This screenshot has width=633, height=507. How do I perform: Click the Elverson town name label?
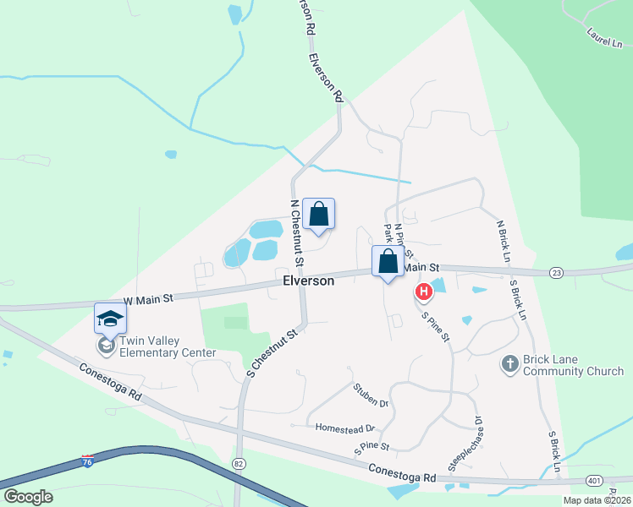pyautogui.click(x=308, y=281)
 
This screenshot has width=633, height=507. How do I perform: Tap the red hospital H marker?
pyautogui.click(x=423, y=292)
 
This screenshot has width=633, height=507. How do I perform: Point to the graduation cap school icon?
pyautogui.click(x=110, y=318)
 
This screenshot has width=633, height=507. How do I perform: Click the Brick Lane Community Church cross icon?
pyautogui.click(x=509, y=363)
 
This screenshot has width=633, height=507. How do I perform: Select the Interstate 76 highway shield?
pyautogui.click(x=87, y=461)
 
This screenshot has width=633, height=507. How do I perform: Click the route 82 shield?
pyautogui.click(x=239, y=464)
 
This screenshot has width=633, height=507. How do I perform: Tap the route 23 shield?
pyautogui.click(x=556, y=272)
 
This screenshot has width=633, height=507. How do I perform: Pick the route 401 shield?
pyautogui.click(x=593, y=481)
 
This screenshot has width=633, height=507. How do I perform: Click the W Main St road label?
pyautogui.click(x=148, y=298)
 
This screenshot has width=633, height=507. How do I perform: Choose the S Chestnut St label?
pyautogui.click(x=272, y=352)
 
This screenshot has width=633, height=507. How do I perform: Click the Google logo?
pyautogui.click(x=29, y=496)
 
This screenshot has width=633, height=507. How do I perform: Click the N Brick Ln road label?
pyautogui.click(x=505, y=241)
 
